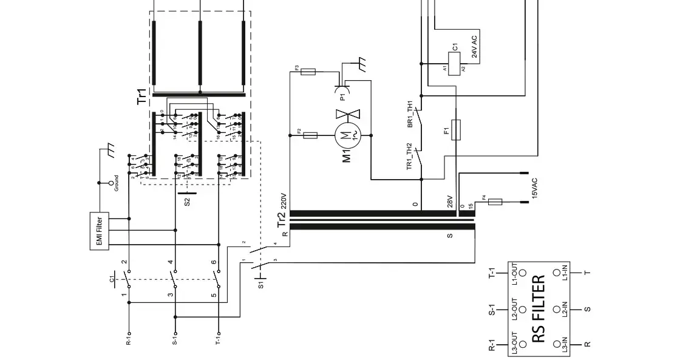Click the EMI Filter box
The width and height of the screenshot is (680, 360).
[x=99, y=232]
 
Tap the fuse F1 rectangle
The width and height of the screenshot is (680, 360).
[x=457, y=129]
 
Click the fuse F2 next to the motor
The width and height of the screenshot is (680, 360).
[x=310, y=135]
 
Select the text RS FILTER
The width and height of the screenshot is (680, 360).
[x=539, y=310]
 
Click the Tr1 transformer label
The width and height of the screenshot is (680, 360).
[x=141, y=97]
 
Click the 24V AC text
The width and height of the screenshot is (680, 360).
[x=474, y=47]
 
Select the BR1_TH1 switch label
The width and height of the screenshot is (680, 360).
[x=410, y=114]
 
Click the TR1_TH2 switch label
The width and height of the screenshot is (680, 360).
[x=410, y=157]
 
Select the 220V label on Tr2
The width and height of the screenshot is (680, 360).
[x=283, y=201]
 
